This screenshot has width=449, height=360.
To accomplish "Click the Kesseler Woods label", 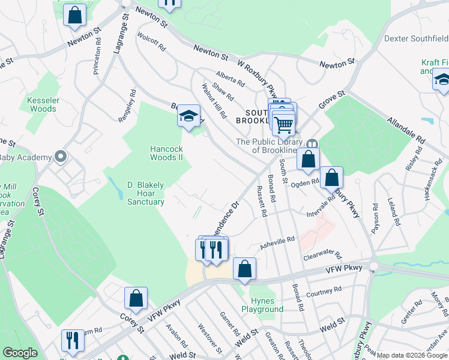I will (x=41, y=104).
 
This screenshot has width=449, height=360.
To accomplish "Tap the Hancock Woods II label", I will (x=166, y=153).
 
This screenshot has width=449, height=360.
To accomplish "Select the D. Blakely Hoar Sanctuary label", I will (x=145, y=193).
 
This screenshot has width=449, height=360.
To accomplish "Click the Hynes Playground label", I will (x=262, y=305).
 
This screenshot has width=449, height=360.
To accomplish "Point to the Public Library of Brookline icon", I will (x=312, y=144).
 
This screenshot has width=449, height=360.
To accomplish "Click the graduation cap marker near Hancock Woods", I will (x=188, y=116).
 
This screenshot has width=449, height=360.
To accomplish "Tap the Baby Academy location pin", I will (x=60, y=157).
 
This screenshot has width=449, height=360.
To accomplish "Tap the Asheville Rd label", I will (x=277, y=242).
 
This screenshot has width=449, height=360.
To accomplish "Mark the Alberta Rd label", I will (x=231, y=79).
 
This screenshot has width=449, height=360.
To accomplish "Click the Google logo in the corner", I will (x=20, y=353).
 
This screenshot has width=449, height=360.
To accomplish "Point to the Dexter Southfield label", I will (x=416, y=38).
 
